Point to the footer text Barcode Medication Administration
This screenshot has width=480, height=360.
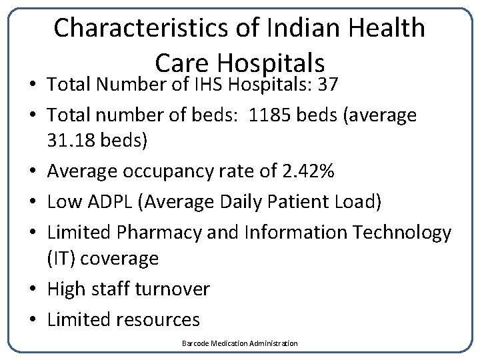pos(240,343)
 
